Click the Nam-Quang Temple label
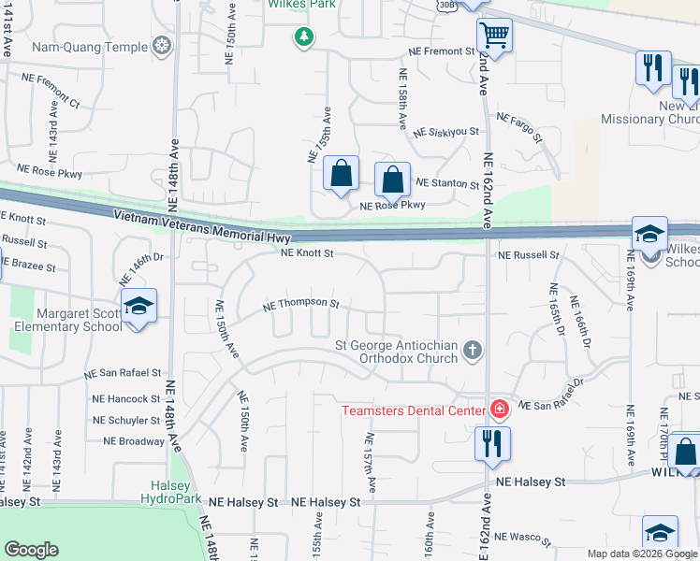pyautogui.click(x=90, y=47)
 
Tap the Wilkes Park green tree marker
pyautogui.click(x=303, y=37)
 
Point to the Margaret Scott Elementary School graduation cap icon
pyautogui.click(x=139, y=307)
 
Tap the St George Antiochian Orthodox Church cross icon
pyautogui.click(x=474, y=351)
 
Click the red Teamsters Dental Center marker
pyautogui.click(x=499, y=410)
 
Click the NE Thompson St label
pyautogui.click(x=300, y=304)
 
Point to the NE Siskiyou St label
pyautogui.click(x=446, y=133)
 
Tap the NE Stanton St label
pyautogui.click(x=446, y=184)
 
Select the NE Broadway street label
pyautogui.click(x=134, y=440)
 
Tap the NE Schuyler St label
pyautogui.click(x=127, y=421)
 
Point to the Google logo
pyautogui.click(x=31, y=550)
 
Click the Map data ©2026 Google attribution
pyautogui.click(x=643, y=554)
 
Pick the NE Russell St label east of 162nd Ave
pyautogui.click(x=528, y=254)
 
